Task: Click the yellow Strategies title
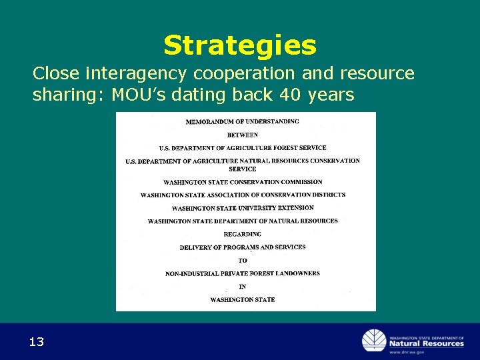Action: (240, 45)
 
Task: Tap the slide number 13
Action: (37, 343)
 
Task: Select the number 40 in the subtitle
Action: (290, 95)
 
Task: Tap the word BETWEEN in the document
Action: (242, 135)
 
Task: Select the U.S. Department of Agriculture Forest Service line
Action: (242, 148)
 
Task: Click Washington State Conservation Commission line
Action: (242, 182)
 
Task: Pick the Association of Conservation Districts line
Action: (243, 195)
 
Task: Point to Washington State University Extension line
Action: (242, 208)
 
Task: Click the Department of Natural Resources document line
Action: (242, 221)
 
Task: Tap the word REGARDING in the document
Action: (242, 234)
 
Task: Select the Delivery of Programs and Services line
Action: (242, 247)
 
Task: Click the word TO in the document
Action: (242, 261)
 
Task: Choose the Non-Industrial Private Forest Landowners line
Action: (242, 273)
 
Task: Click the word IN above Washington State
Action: (242, 287)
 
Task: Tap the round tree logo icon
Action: (373, 341)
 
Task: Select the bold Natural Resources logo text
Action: (426, 344)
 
